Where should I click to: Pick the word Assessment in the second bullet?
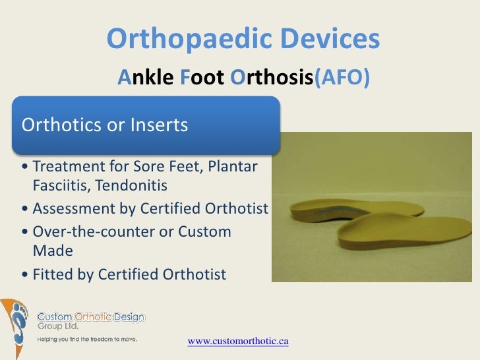74,209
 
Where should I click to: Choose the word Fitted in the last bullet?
53,274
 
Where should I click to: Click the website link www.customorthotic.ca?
239,342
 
